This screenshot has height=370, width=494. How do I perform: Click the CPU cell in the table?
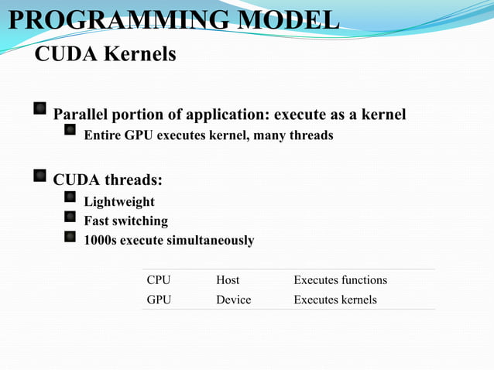pyautogui.click(x=159, y=279)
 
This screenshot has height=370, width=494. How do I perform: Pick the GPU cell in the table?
pyautogui.click(x=159, y=299)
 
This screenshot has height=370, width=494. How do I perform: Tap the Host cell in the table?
pyautogui.click(x=228, y=279)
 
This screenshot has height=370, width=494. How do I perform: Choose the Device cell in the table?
pyautogui.click(x=233, y=299)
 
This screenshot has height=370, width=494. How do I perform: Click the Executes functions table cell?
pyautogui.click(x=340, y=279)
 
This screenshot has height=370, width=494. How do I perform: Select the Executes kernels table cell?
pyautogui.click(x=334, y=299)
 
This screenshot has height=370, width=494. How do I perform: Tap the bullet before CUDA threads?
pyautogui.click(x=39, y=176)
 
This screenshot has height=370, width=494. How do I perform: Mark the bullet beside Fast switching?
pyautogui.click(x=70, y=218)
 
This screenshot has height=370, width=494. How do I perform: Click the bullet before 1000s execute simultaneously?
pyautogui.click(x=70, y=237)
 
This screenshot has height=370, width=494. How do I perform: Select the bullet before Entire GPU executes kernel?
pyautogui.click(x=70, y=132)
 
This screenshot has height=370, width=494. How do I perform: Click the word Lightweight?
pyautogui.click(x=119, y=202)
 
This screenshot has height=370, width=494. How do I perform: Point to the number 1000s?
pyautogui.click(x=101, y=241)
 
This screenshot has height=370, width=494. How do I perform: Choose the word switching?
pyautogui.click(x=140, y=221)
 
